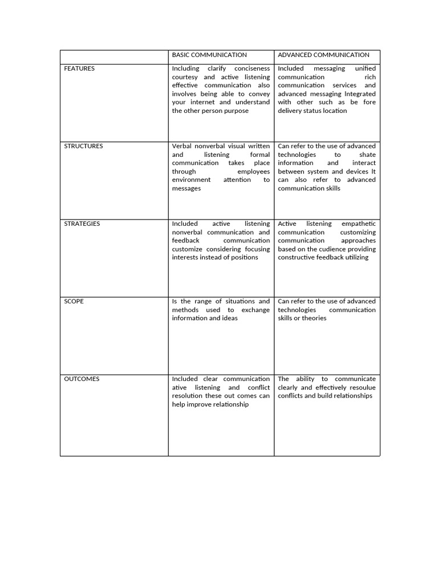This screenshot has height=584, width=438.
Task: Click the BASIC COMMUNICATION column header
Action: pos(209,55)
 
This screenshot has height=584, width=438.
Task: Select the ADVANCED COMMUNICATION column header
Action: pos(323,55)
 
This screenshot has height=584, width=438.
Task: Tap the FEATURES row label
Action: pos(79,68)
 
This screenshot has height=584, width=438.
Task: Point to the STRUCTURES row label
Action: pos(83,146)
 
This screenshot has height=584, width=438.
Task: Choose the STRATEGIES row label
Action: pos(82,224)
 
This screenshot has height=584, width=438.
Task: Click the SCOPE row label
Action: pos(74,301)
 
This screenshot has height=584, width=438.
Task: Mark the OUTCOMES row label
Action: pos(82,379)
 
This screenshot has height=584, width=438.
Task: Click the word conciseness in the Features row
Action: pos(252,68)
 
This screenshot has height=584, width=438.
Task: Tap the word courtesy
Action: pos(185,77)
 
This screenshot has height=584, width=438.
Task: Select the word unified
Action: pos(365,68)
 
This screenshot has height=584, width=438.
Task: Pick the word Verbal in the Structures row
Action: pos(182,146)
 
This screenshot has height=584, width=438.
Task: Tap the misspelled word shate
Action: pos(367,155)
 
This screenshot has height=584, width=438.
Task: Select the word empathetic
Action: pos(358,224)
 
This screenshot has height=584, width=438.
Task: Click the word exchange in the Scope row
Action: pos(255,310)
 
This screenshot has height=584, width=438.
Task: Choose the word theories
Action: pos(314,318)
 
